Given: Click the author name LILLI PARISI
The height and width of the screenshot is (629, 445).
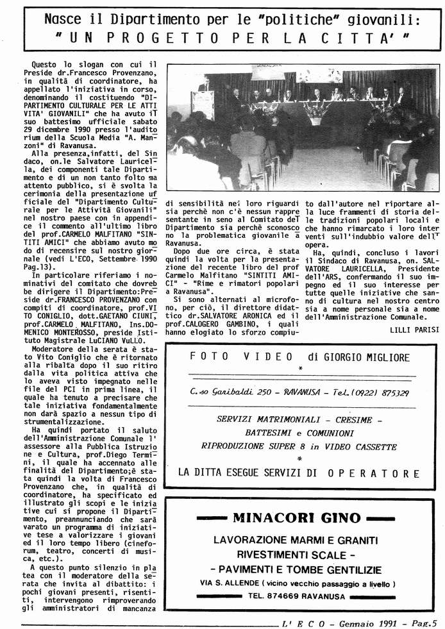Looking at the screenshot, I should pyautogui.click(x=414, y=330).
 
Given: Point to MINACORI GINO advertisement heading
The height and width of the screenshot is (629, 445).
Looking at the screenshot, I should pyautogui.click(x=297, y=518).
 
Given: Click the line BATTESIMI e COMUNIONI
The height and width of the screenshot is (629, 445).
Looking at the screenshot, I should pyautogui.click(x=299, y=433).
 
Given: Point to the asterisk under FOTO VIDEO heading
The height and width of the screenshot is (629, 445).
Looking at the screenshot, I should pyautogui.click(x=300, y=369).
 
